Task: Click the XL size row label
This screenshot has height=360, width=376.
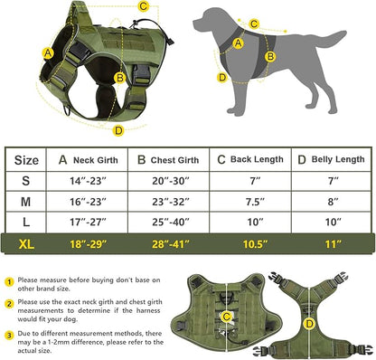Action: tap(27, 244)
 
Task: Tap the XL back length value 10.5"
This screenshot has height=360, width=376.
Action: tap(249, 244)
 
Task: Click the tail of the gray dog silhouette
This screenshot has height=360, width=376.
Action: tap(333, 38)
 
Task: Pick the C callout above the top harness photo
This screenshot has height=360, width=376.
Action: tap(144, 7)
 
